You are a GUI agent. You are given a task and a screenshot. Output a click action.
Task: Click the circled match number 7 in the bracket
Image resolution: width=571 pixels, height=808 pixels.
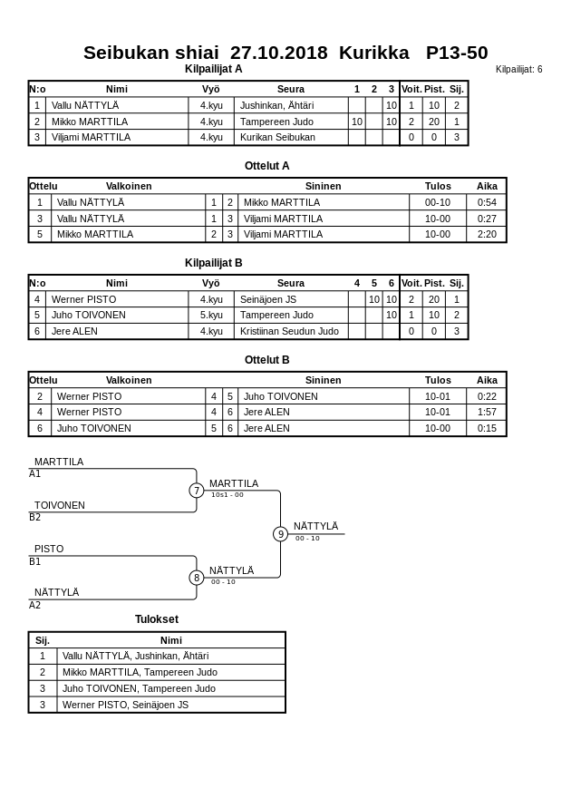(x=197, y=491)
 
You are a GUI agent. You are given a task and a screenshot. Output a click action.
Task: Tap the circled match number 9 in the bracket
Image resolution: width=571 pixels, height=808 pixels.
(x=281, y=534)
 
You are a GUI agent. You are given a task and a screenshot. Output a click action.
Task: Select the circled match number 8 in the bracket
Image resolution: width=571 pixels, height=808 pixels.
(x=197, y=578)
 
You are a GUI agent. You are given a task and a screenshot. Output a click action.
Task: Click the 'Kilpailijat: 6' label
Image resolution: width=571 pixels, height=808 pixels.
(x=518, y=70)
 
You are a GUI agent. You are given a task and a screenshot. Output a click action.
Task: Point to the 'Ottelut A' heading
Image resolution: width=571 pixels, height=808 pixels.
(x=267, y=166)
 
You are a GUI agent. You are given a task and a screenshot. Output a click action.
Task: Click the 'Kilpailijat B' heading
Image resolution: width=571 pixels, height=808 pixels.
(x=214, y=263)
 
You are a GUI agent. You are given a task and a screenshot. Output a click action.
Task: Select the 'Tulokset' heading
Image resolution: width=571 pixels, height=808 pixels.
(x=157, y=619)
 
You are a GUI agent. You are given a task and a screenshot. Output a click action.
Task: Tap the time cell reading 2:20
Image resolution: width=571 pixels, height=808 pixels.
(x=488, y=234)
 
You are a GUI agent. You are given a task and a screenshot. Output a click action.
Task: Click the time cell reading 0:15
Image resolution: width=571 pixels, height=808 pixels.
(x=488, y=428)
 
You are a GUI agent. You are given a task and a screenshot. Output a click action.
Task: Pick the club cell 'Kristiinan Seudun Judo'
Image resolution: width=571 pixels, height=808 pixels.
(x=289, y=331)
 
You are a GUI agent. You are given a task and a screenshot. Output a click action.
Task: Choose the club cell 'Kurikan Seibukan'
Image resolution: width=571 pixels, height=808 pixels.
(x=277, y=137)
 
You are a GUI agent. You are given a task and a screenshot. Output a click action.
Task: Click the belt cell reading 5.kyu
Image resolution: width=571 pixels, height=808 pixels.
(x=211, y=315)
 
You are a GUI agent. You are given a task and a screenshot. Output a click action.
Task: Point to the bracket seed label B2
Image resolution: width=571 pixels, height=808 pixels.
(x=35, y=518)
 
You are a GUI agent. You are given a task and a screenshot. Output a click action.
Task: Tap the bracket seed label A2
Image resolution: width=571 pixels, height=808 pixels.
(x=35, y=605)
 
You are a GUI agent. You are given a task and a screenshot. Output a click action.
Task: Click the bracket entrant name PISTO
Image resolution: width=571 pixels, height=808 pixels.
(x=49, y=549)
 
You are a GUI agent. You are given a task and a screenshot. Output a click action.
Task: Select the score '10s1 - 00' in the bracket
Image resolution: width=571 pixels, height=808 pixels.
(x=227, y=495)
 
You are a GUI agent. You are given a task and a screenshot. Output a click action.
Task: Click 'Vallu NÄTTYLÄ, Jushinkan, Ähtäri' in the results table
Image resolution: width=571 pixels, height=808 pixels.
(x=135, y=656)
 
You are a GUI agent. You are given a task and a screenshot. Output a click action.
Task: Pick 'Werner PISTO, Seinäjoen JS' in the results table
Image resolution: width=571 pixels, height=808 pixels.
(x=125, y=705)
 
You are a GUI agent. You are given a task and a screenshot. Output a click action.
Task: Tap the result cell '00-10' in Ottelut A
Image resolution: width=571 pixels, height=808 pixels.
(x=438, y=202)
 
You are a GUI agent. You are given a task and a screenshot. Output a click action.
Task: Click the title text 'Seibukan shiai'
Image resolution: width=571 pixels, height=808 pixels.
(x=151, y=53)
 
